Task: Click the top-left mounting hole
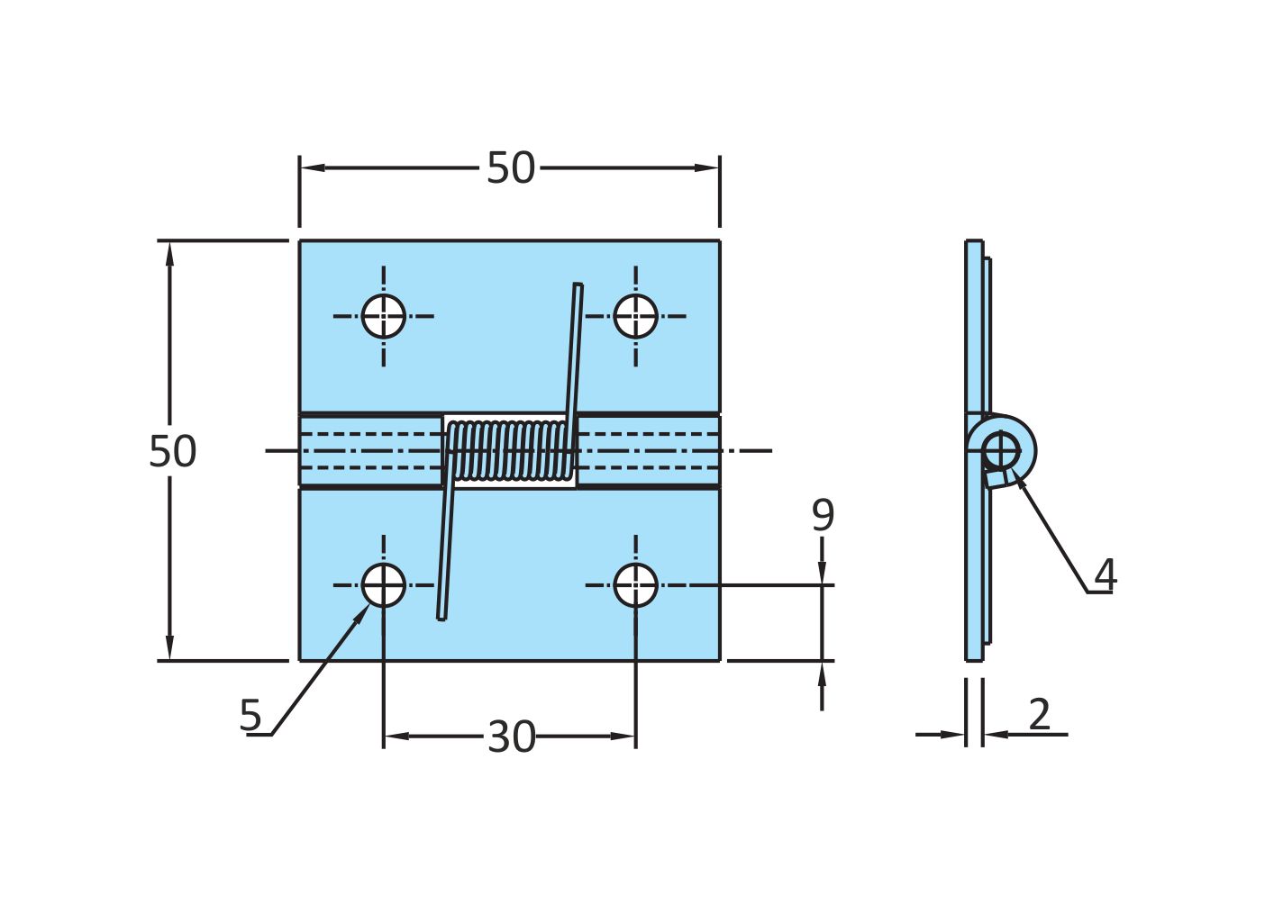coord(384,316)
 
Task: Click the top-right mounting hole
coord(635,316)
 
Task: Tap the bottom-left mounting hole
coord(384,585)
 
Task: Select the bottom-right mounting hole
coord(635,585)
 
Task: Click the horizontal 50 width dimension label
coord(510,168)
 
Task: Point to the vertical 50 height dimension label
coord(172,451)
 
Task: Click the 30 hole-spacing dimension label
coord(511,737)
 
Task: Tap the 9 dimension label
coord(822,516)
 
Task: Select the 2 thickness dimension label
coord(1039,715)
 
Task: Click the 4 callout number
coord(1105,575)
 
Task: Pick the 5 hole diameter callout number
coord(250,716)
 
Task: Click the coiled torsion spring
coord(510,450)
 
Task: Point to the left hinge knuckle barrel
coord(370,450)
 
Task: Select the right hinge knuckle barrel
coord(647,450)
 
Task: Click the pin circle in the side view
coord(1000,449)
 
